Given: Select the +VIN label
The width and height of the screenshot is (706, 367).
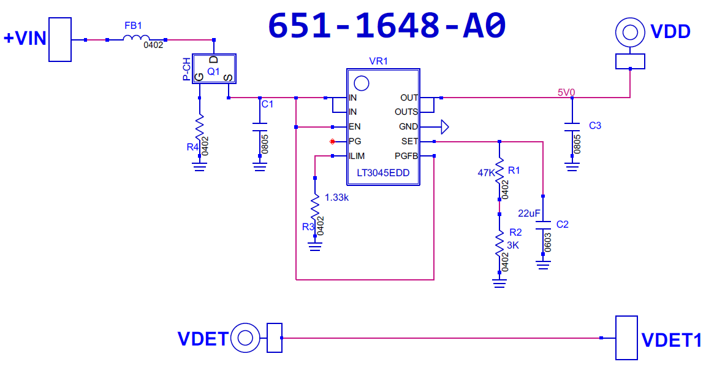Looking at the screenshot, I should pos(25,38).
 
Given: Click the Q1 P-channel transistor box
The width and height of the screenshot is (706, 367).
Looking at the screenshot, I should pos(213,69).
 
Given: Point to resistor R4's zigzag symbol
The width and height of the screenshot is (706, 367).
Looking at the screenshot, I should pos(199,129).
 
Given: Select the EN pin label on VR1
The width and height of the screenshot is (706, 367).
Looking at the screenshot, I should pos(354,127).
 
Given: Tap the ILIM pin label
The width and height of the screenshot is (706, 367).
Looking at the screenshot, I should pos(357,156).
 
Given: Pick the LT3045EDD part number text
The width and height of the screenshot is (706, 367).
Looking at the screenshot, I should pos(383,173).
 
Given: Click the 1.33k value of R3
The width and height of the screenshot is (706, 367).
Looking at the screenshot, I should pos(337,198).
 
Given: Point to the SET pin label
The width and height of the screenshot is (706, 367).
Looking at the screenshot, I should pos(409,141).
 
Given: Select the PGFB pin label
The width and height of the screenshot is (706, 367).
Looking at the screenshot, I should pos(406,156).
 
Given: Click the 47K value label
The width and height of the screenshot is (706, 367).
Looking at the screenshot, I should pos(486,172).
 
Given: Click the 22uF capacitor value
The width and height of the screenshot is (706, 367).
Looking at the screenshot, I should pos(529,213).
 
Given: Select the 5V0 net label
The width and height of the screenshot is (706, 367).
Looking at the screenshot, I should pos(566,92).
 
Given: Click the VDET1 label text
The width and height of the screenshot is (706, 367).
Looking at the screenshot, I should pos(671,339).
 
